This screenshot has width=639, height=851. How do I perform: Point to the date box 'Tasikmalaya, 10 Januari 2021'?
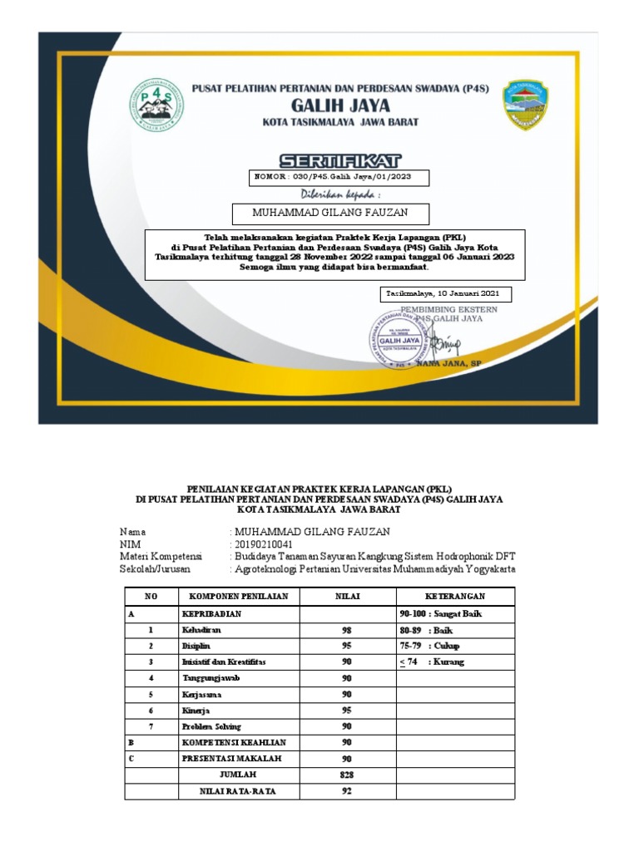(445, 294)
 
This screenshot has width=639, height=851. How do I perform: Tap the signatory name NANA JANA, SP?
(448, 364)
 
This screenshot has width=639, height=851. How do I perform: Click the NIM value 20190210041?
(265, 544)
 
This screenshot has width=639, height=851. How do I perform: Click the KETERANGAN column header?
(455, 597)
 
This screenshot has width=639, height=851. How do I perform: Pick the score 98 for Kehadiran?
(347, 630)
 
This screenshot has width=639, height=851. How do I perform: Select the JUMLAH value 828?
(347, 775)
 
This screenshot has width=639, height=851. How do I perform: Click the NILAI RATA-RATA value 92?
(347, 791)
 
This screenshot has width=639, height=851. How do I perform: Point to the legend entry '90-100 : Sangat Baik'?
(441, 613)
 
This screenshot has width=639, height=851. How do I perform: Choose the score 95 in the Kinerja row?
(347, 711)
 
